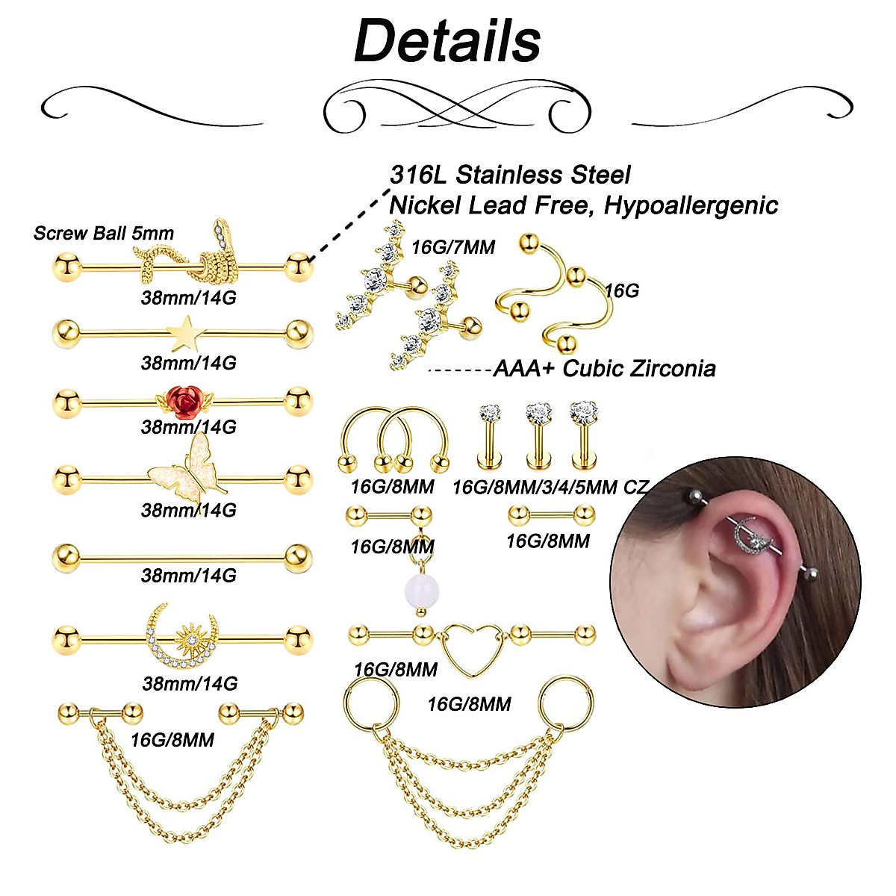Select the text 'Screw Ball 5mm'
(104, 233)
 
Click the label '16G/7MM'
(453, 247)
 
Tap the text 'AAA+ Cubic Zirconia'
(604, 368)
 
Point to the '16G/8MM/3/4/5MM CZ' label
(550, 488)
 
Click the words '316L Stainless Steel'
(510, 175)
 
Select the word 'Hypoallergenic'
(691, 205)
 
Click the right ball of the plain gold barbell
(298, 557)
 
